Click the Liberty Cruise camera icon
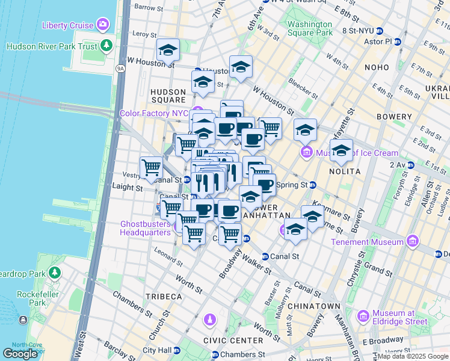click(x=103, y=25)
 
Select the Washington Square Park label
click(x=309, y=28)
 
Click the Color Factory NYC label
click(x=154, y=113)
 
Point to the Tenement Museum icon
click(x=412, y=242)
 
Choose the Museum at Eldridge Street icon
click(x=363, y=316)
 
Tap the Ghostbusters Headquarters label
click(x=146, y=229)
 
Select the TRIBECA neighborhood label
click(x=163, y=297)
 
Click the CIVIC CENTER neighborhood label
click(x=234, y=341)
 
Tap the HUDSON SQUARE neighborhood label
click(x=167, y=96)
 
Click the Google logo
click(x=20, y=353)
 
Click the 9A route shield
click(x=120, y=69)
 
